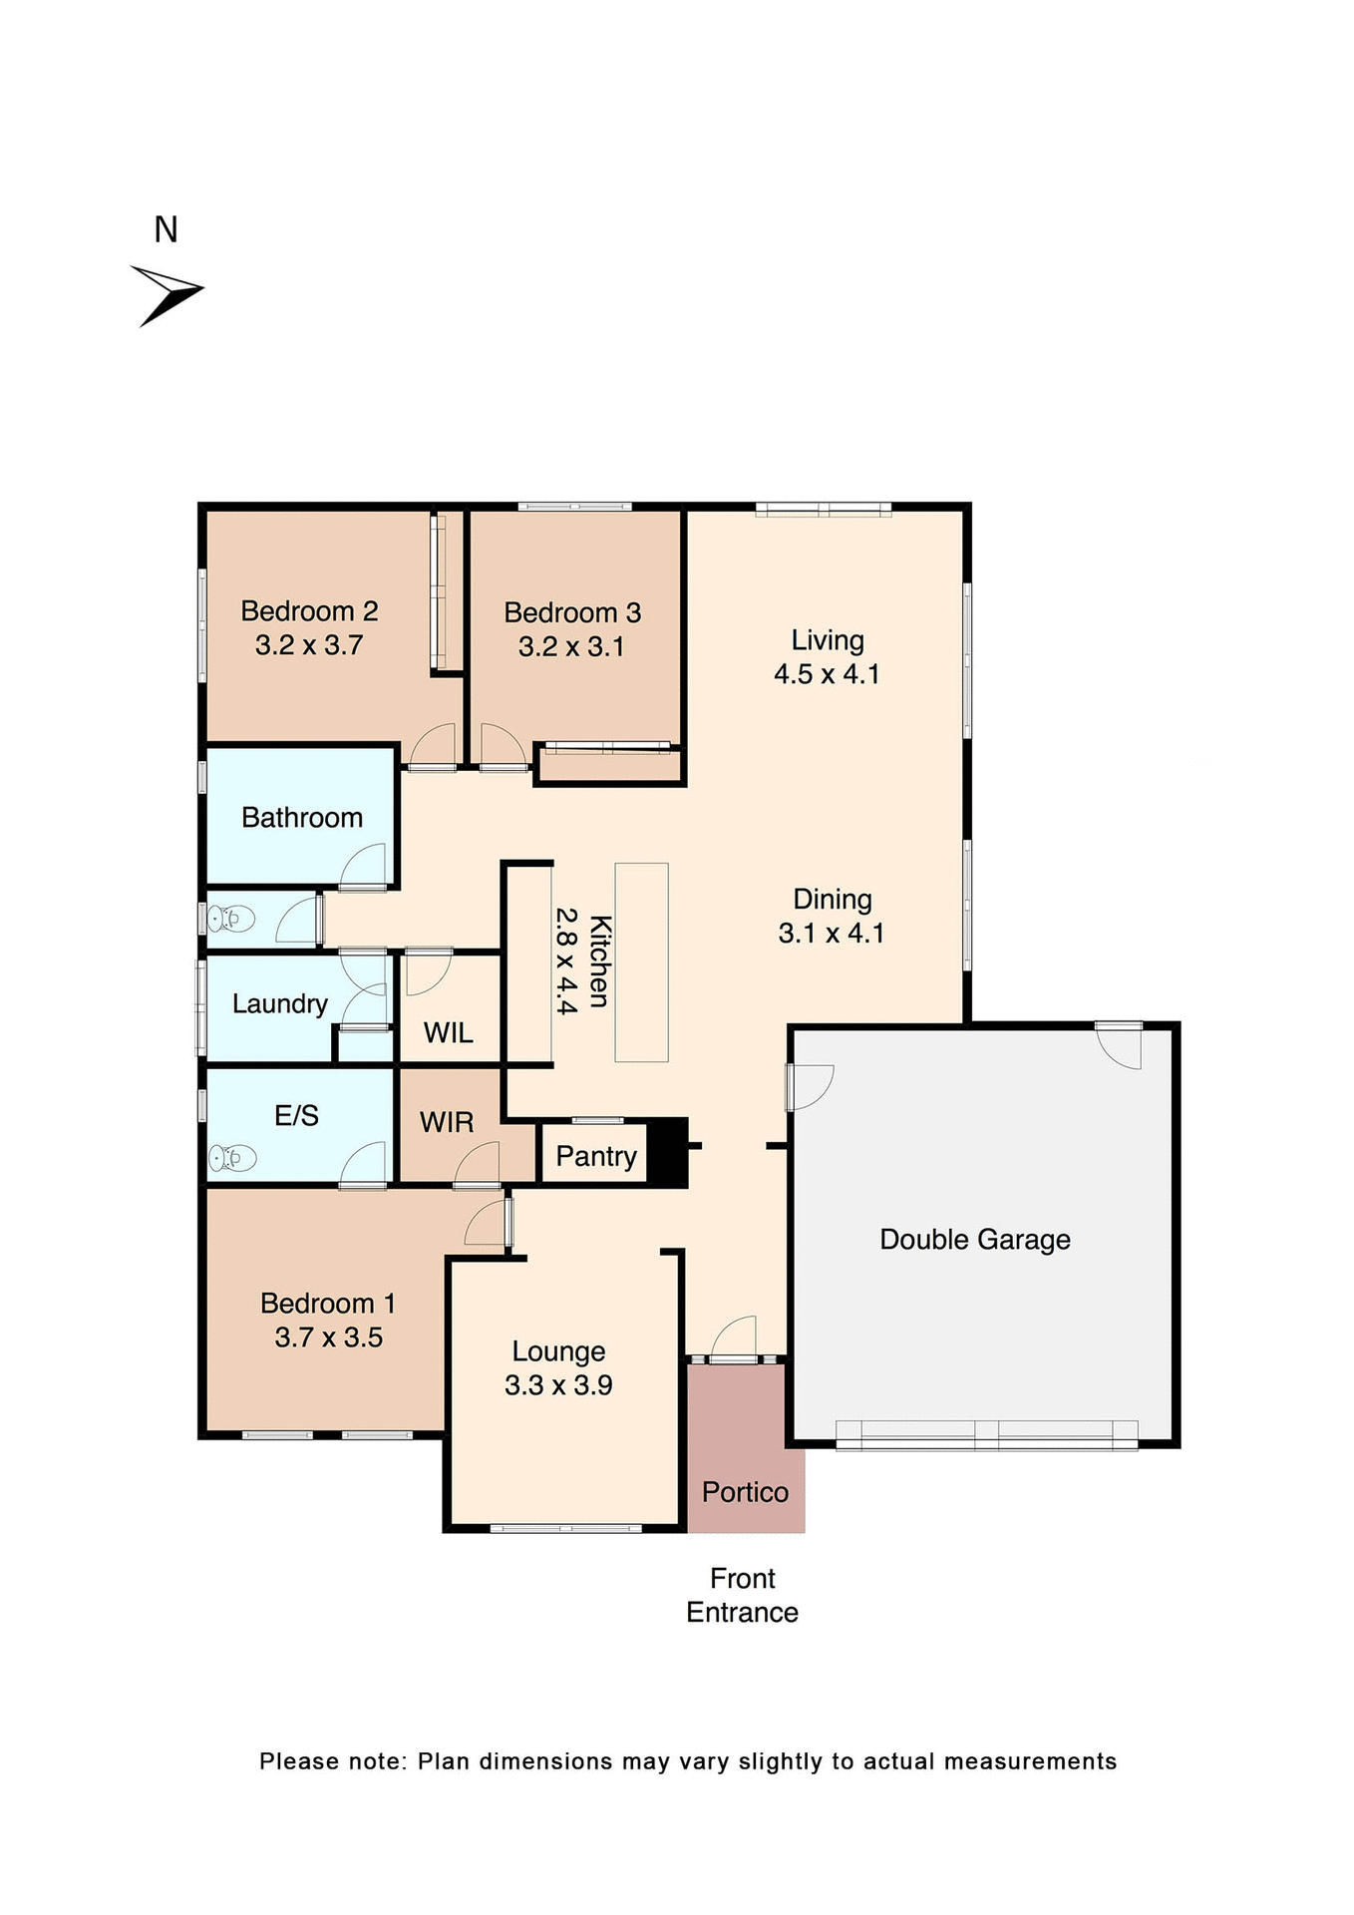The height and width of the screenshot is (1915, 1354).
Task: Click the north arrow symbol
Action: [168, 294]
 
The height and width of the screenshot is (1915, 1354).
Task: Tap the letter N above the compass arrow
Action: [166, 230]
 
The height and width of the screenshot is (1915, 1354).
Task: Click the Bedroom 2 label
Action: [309, 611]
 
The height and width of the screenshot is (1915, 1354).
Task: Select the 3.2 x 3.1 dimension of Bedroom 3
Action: [571, 647]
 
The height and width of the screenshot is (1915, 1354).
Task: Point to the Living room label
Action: [828, 640]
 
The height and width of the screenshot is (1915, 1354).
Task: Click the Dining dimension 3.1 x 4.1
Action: [831, 934]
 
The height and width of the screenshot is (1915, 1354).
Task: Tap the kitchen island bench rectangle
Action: [641, 961]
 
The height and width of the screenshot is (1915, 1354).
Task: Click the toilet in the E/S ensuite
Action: [231, 1158]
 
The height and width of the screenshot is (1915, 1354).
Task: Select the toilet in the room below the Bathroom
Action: [231, 918]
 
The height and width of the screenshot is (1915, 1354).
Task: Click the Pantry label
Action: [595, 1156]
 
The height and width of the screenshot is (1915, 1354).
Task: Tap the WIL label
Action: [448, 1033]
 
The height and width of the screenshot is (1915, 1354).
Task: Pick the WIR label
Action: [446, 1123]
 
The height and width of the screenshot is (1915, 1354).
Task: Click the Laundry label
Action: [279, 1003]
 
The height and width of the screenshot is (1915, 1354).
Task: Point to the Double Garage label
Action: [974, 1240]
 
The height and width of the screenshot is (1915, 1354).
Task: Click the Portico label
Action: [745, 1492]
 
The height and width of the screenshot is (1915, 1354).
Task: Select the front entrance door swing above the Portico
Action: [736, 1339]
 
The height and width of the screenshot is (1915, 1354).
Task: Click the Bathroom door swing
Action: [365, 866]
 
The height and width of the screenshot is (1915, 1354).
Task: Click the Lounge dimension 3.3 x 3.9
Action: [558, 1385]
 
